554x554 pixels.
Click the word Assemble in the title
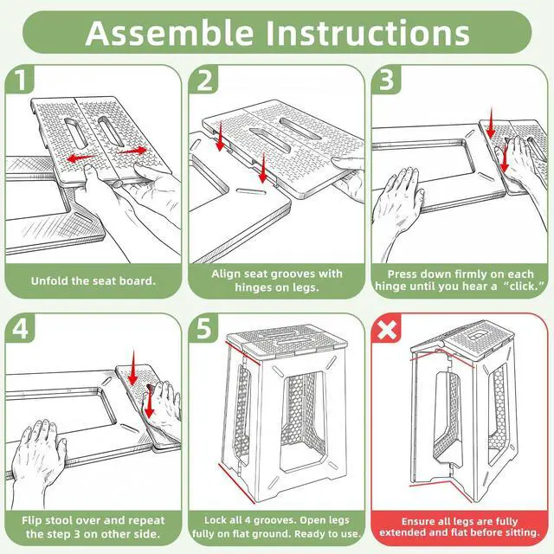[x=170, y=33]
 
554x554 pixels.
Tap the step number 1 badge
[x=21, y=79]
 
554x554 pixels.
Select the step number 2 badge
[x=204, y=81]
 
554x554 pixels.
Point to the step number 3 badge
[x=386, y=80]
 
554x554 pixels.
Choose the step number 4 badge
[x=21, y=329]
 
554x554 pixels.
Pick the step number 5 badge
[x=204, y=329]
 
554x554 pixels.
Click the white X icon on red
[x=387, y=330]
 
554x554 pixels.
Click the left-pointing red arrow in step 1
[x=81, y=158]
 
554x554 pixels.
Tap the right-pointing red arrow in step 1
[x=132, y=151]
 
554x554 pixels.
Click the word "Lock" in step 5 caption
[x=216, y=520]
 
